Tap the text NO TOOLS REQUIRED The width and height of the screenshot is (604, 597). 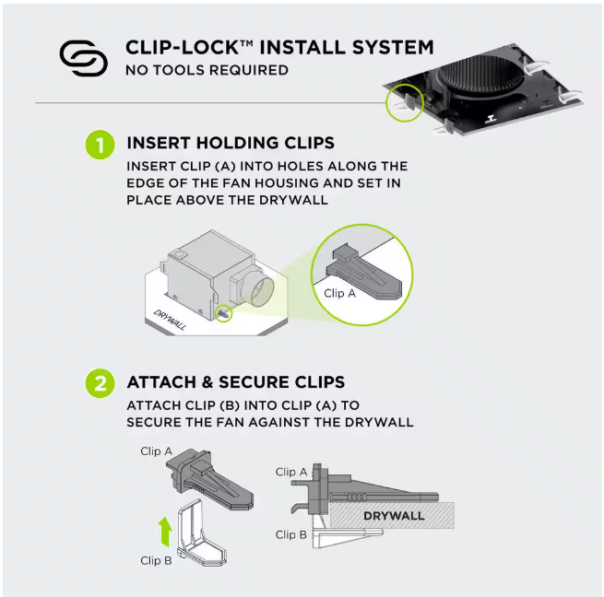[207, 70]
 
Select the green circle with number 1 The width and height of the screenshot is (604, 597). [100, 145]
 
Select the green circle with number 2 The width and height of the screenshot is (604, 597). [100, 383]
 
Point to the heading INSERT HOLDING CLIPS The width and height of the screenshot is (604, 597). [231, 144]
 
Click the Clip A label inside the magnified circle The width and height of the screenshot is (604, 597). [340, 293]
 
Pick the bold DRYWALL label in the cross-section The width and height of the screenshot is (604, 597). [394, 515]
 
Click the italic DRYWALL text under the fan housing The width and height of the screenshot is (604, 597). [171, 319]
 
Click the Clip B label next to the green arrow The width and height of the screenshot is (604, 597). [156, 560]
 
